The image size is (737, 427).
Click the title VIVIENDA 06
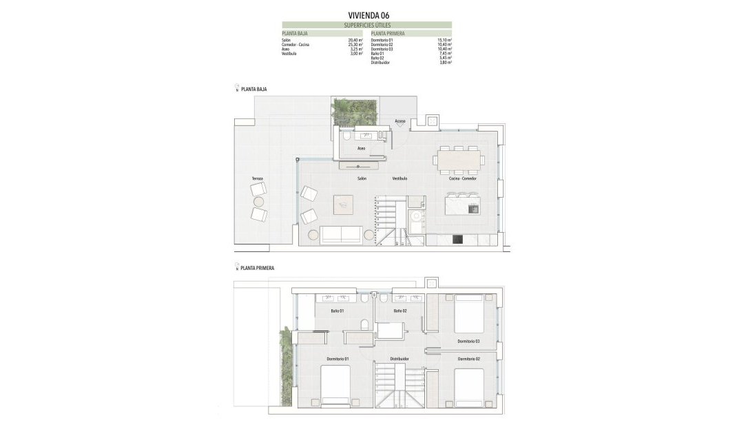(368, 14)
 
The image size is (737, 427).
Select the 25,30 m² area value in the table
(355, 45)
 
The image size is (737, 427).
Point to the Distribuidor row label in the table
(380, 63)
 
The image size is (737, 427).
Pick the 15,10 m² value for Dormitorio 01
(444, 40)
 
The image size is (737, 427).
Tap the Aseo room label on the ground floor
(361, 147)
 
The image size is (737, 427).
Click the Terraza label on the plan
(257, 178)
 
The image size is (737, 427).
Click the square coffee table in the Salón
(344, 205)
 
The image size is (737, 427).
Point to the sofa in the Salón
(342, 234)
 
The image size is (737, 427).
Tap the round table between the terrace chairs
(259, 202)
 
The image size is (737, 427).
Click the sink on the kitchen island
(473, 209)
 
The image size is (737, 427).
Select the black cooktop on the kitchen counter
(456, 240)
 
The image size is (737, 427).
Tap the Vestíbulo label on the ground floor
(399, 178)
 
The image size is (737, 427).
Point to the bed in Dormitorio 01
(336, 386)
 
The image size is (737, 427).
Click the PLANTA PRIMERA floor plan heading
(258, 268)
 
